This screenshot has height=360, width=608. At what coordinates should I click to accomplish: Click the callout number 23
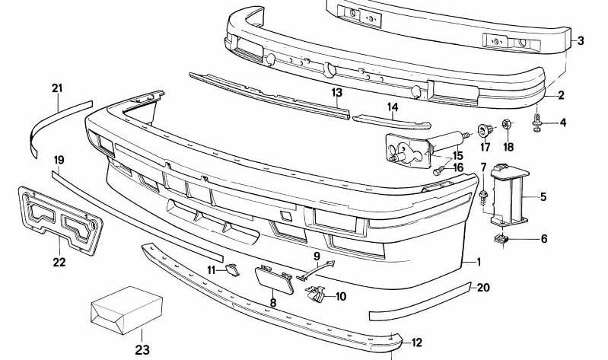click(x=142, y=349)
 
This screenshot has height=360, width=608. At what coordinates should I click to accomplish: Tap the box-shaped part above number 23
click(x=126, y=310)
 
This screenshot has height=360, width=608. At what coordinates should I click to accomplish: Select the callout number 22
click(x=59, y=263)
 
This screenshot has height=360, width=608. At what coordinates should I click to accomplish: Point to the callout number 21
click(x=57, y=88)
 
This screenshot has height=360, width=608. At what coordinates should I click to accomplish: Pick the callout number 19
click(x=59, y=160)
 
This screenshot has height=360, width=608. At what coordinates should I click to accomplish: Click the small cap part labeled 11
click(x=232, y=269)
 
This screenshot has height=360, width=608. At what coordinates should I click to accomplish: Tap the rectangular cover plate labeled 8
click(x=274, y=279)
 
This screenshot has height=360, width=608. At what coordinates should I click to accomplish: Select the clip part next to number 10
click(x=316, y=294)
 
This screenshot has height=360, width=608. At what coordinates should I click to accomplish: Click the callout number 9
click(x=317, y=256)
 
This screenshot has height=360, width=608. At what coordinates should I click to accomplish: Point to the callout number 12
click(x=416, y=342)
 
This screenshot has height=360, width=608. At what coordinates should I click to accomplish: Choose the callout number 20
click(x=483, y=288)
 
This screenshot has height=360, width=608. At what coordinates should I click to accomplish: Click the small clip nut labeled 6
click(x=501, y=239)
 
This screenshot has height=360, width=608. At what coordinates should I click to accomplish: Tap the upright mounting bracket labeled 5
click(x=510, y=195)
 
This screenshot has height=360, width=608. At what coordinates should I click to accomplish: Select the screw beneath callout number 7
click(x=483, y=196)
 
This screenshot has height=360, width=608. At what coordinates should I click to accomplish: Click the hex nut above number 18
click(x=507, y=124)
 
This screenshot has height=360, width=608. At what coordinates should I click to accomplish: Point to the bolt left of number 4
click(x=537, y=123)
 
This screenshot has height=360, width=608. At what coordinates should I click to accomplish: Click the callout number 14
click(x=393, y=107)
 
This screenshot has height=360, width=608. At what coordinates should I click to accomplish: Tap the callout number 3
click(x=580, y=40)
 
